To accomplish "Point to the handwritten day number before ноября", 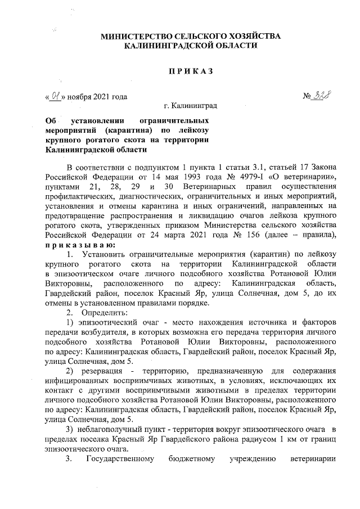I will tap(55, 96).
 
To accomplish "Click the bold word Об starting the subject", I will tap(52, 121).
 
